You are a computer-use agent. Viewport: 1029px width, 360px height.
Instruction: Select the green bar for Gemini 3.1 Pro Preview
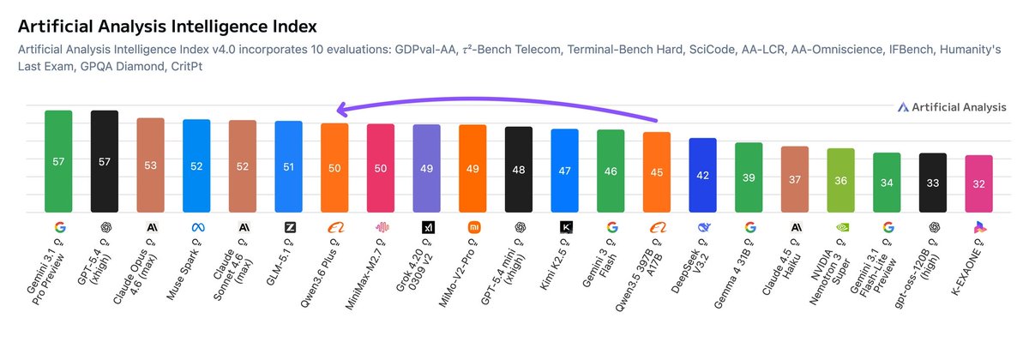point(58,161)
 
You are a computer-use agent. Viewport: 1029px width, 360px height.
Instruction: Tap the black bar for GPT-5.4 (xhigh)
point(105,161)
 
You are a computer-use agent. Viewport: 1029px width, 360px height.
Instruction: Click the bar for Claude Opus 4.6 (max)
point(150,165)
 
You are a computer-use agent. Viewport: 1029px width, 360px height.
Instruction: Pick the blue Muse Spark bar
point(196,165)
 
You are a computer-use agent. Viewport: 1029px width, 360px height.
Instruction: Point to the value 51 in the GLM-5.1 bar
point(288,167)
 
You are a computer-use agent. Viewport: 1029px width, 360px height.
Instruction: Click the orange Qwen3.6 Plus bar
point(334,168)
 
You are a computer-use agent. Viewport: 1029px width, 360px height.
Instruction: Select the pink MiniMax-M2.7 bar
point(381,168)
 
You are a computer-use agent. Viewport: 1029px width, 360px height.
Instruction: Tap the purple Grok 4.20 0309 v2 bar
point(426,169)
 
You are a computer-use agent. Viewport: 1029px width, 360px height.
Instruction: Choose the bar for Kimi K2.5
point(565,171)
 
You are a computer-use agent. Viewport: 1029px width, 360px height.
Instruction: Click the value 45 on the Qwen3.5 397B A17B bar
point(657,172)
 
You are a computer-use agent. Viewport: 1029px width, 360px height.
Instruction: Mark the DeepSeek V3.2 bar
point(703,175)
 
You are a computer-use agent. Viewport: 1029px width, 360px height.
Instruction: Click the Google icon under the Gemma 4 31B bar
point(749,227)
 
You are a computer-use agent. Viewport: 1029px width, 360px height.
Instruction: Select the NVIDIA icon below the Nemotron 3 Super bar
point(841,227)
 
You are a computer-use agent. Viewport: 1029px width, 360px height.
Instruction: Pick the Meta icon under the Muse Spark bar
point(196,227)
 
